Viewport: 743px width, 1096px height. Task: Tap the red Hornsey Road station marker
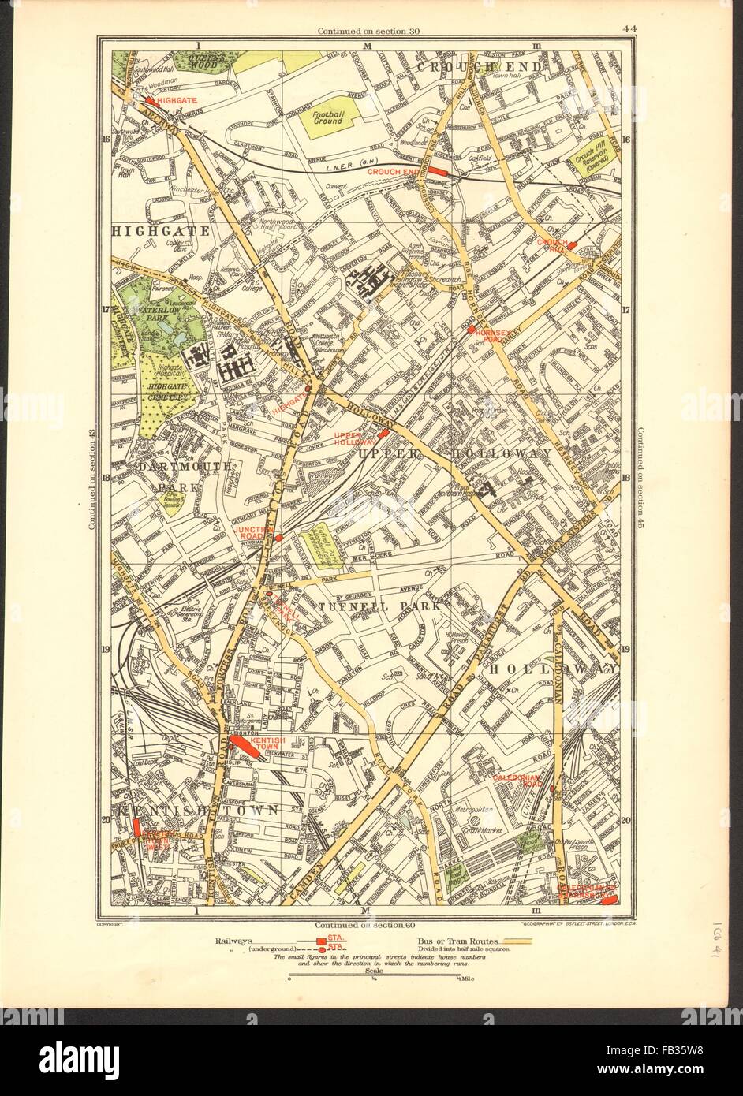471,330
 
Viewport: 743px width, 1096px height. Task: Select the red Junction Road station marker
279,537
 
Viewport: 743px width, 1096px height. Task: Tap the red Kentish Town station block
243,746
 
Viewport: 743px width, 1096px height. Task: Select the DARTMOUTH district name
174,467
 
